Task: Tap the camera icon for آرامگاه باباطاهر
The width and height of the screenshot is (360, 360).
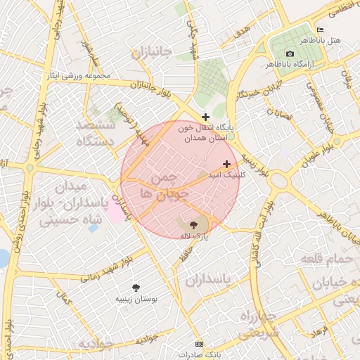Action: click(x=290, y=54)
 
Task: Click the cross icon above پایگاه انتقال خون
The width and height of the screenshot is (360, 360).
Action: click(x=205, y=117)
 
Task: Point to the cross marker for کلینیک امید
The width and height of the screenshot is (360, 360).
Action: click(x=226, y=164)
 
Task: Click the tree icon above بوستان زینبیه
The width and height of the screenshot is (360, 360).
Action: click(x=136, y=287)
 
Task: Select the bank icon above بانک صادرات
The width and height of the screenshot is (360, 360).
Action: click(x=199, y=344)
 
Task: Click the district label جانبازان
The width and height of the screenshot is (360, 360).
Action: click(x=151, y=53)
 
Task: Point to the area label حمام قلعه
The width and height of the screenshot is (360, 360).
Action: click(x=326, y=259)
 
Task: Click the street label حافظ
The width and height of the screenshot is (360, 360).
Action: click(x=184, y=256)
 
